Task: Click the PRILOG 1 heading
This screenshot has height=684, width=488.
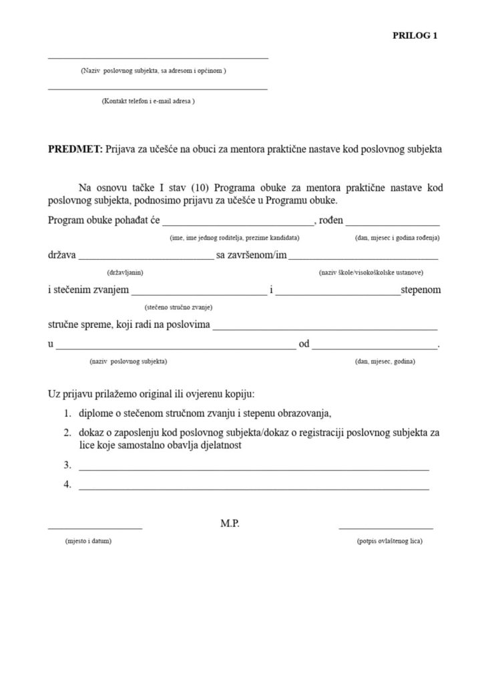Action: tap(415, 36)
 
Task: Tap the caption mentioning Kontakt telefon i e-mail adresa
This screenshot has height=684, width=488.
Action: tap(148, 101)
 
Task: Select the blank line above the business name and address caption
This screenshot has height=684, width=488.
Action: tap(158, 59)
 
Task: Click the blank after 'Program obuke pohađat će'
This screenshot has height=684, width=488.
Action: tap(238, 222)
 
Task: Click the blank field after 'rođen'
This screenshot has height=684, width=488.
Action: tap(393, 222)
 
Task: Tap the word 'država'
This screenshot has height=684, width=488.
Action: tap(62, 255)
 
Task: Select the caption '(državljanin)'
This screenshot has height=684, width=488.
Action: tap(125, 272)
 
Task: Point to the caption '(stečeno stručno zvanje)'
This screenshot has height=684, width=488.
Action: tap(178, 307)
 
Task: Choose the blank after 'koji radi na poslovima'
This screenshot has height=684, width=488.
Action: tap(324, 327)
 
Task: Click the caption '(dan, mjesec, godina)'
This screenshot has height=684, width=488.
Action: tap(385, 361)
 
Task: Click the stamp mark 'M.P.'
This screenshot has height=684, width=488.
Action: tap(230, 524)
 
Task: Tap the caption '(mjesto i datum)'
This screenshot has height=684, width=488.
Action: tap(88, 540)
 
